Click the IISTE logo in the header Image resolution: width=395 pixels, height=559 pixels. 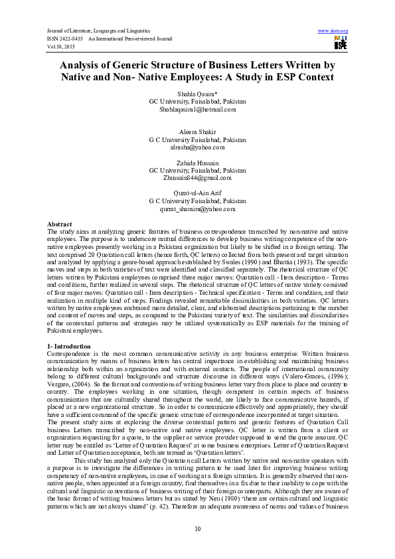pos(341,42)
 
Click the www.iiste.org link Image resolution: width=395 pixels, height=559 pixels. pos(333,31)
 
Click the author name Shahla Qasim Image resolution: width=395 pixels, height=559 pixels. pos(197,94)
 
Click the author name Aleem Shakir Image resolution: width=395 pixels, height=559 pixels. pos(197,133)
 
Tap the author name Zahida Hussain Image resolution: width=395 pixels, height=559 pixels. pos(197,163)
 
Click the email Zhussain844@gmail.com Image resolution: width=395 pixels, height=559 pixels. pos(197,178)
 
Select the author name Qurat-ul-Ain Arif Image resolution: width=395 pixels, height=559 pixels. pos(197,193)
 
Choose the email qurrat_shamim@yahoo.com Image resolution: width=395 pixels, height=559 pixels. pos(197,208)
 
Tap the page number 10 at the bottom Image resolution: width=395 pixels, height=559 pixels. pos(197,528)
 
